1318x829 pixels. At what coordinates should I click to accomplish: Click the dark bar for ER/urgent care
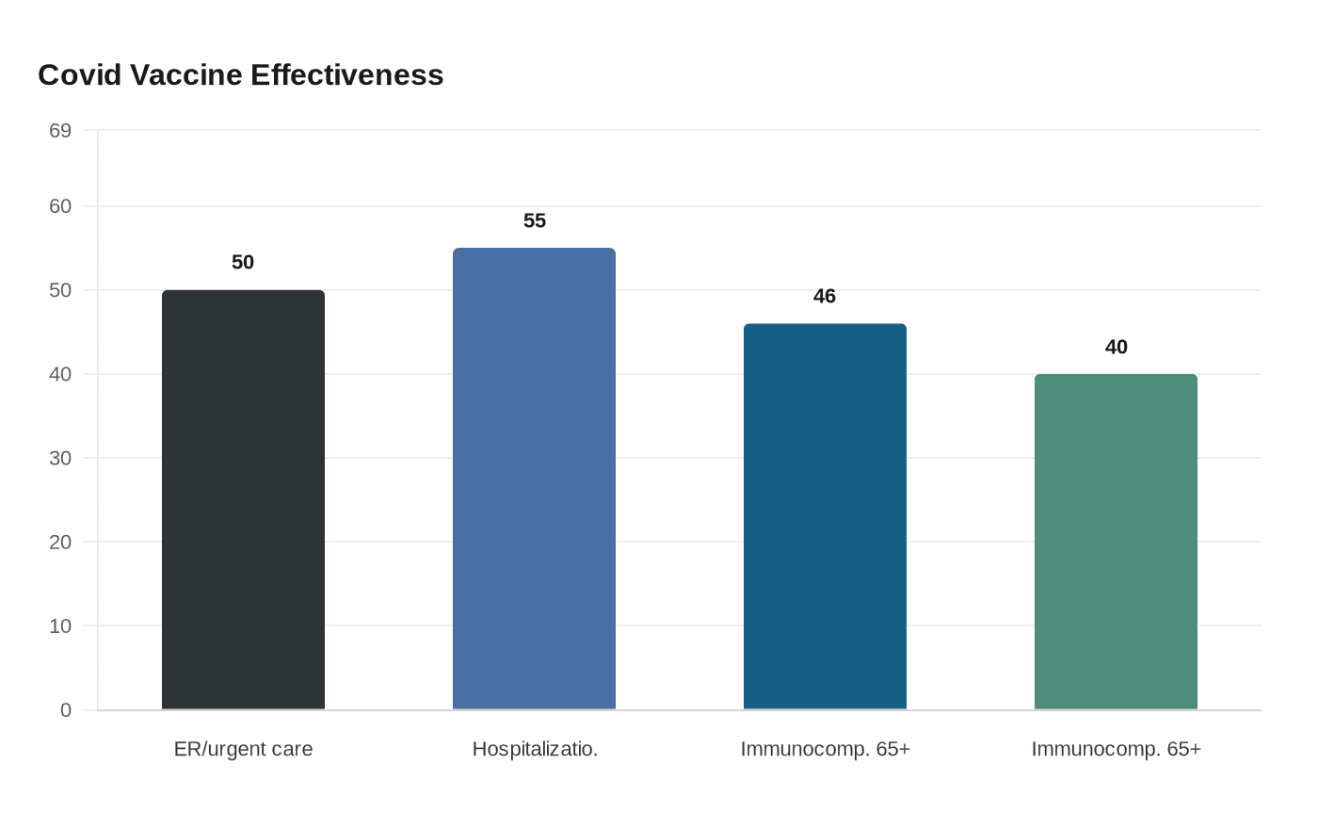pyautogui.click(x=243, y=499)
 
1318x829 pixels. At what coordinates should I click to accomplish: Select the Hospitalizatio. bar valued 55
pyautogui.click(x=534, y=479)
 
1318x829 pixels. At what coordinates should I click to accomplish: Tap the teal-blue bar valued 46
pyautogui.click(x=825, y=516)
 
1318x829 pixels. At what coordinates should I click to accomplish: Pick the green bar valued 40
pyautogui.click(x=1116, y=542)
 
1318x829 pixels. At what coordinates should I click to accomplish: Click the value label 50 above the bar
pyautogui.click(x=243, y=263)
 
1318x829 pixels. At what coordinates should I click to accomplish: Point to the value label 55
pyautogui.click(x=534, y=221)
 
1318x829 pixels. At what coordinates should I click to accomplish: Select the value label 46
pyautogui.click(x=825, y=297)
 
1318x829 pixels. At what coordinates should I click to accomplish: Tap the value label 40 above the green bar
pyautogui.click(x=1116, y=348)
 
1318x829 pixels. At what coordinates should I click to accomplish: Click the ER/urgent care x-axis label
pyautogui.click(x=243, y=749)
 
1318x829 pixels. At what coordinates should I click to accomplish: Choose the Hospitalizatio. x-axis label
pyautogui.click(x=535, y=749)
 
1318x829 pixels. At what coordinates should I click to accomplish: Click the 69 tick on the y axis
pyautogui.click(x=60, y=131)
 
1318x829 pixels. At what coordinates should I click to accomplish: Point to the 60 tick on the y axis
pyautogui.click(x=60, y=206)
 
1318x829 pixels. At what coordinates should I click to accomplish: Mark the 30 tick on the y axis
pyautogui.click(x=60, y=458)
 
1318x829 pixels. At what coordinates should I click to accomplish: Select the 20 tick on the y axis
pyautogui.click(x=60, y=542)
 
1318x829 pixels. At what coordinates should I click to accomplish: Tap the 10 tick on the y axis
pyautogui.click(x=60, y=626)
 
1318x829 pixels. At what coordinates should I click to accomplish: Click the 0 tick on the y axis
pyautogui.click(x=66, y=710)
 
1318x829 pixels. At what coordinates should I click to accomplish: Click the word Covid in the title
pyautogui.click(x=80, y=75)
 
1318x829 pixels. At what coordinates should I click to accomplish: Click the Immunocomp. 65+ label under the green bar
pyautogui.click(x=1116, y=749)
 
